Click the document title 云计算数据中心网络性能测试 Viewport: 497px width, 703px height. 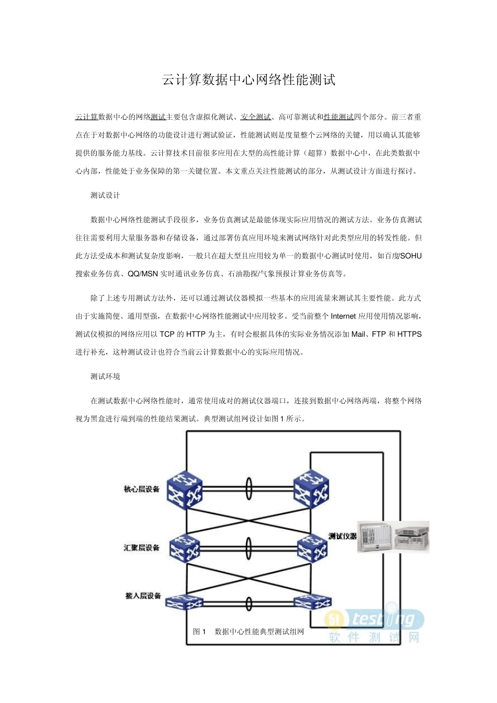point(249,80)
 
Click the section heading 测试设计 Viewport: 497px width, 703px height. point(105,196)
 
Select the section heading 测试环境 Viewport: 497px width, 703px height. point(105,377)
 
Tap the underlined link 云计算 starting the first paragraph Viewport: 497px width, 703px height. point(87,117)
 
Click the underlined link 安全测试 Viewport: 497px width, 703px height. point(256,117)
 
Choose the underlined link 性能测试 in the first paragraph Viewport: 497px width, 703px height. point(338,117)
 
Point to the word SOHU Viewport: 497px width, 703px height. point(411,256)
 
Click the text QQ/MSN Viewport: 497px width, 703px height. point(143,274)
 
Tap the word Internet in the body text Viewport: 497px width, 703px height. point(343,316)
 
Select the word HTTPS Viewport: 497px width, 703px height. point(410,334)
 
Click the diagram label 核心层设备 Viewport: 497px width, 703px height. point(141,490)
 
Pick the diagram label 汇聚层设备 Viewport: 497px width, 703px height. point(141,548)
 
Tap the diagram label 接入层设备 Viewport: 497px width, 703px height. point(142,596)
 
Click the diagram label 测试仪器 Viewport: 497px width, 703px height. point(342,536)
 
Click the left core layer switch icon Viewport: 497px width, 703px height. point(185,490)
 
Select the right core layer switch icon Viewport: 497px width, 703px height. point(311,490)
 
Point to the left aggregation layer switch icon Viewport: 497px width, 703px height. point(185,548)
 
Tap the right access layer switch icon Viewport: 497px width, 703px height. point(312,602)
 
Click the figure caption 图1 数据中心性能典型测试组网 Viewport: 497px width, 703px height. point(249,632)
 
